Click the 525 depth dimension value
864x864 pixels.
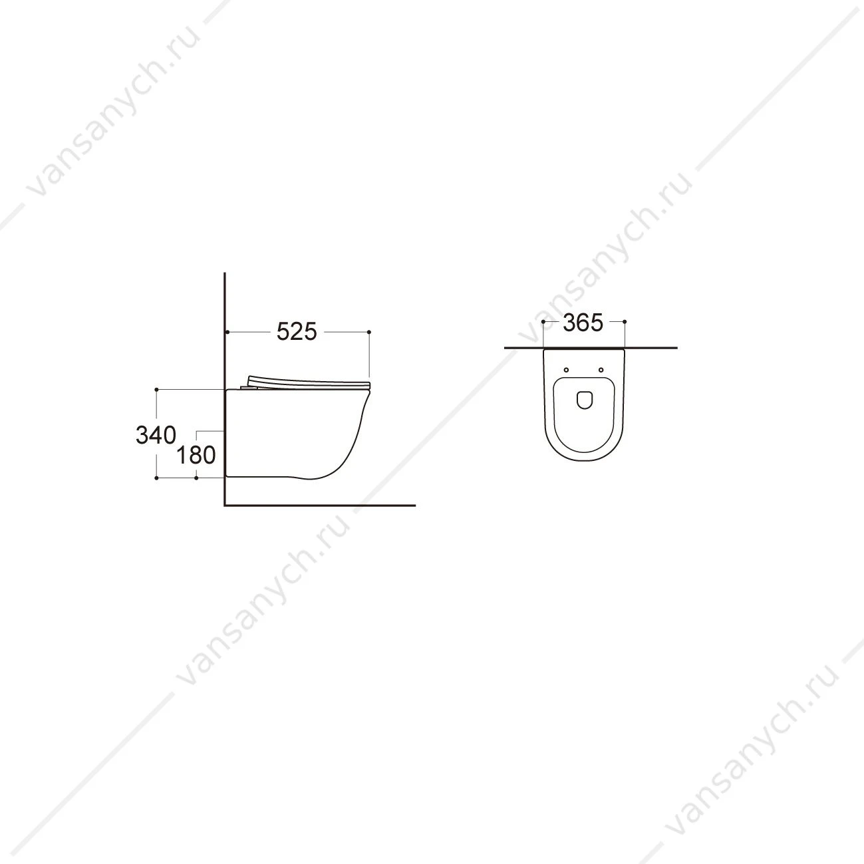pos(297,332)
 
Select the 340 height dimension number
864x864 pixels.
pos(156,435)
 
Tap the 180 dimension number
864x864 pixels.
pos(196,456)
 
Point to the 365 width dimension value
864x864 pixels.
pos(583,323)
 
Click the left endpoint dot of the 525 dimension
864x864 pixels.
pos(227,332)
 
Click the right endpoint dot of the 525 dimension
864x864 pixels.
pos(369,332)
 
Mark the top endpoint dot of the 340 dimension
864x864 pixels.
pos(156,390)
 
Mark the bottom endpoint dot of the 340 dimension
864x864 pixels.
pos(156,478)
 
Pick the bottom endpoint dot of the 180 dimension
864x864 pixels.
pos(196,478)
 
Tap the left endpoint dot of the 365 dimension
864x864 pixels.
pos(543,321)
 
